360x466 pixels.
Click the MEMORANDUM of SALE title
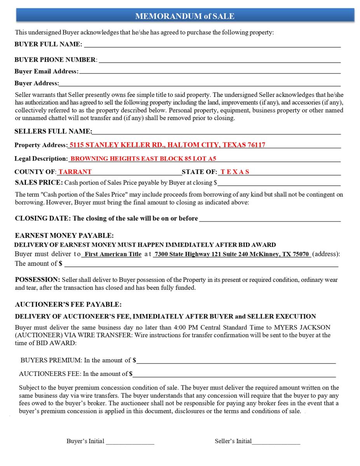click(x=184, y=16)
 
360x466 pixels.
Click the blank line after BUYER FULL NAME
click(x=212, y=45)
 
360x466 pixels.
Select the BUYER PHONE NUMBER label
click(x=55, y=60)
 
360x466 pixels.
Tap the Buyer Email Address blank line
click(x=210, y=72)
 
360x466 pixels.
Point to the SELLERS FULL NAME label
click(x=53, y=131)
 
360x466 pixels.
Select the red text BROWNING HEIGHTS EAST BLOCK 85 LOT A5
click(x=143, y=158)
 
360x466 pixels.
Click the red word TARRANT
click(x=75, y=172)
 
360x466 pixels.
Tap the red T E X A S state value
click(x=235, y=172)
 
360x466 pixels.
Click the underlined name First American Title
click(x=113, y=254)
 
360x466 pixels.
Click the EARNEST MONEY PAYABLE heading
click(x=64, y=236)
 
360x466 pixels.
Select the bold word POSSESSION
click(x=37, y=280)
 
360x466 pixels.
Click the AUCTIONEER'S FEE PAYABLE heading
click(x=68, y=304)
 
